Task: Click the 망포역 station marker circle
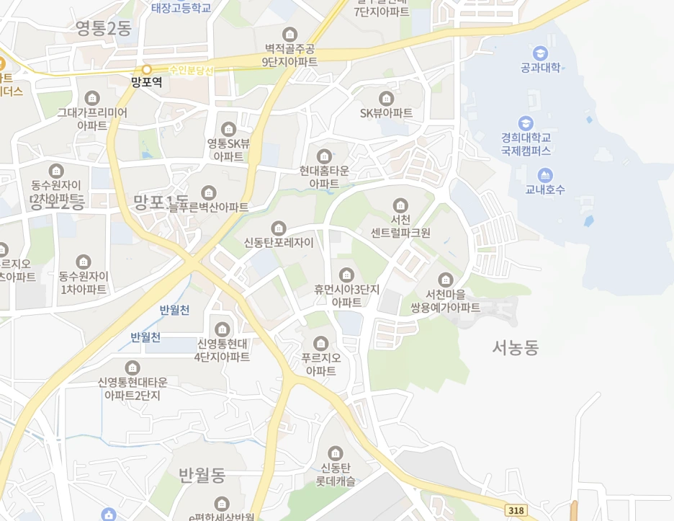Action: [x=147, y=70]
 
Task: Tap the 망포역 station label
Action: [x=147, y=83]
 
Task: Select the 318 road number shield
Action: [x=516, y=510]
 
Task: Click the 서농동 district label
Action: [x=516, y=348]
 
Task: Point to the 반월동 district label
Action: [x=202, y=474]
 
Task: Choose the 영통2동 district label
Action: [x=104, y=29]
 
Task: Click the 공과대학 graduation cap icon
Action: [x=540, y=53]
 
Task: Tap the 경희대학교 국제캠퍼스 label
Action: [x=526, y=144]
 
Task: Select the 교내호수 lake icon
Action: [x=545, y=174]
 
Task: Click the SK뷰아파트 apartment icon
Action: [x=387, y=98]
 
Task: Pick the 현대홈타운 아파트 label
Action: [x=324, y=177]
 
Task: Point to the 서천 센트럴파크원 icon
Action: [x=400, y=205]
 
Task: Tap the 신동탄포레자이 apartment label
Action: [x=279, y=242]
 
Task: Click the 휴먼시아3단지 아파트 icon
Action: [x=346, y=275]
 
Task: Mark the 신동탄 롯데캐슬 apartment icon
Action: [x=336, y=453]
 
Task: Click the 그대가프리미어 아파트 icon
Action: [x=92, y=98]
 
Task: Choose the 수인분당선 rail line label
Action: [x=192, y=70]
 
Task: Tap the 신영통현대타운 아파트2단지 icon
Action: [x=132, y=368]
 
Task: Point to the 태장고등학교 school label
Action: [x=181, y=8]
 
